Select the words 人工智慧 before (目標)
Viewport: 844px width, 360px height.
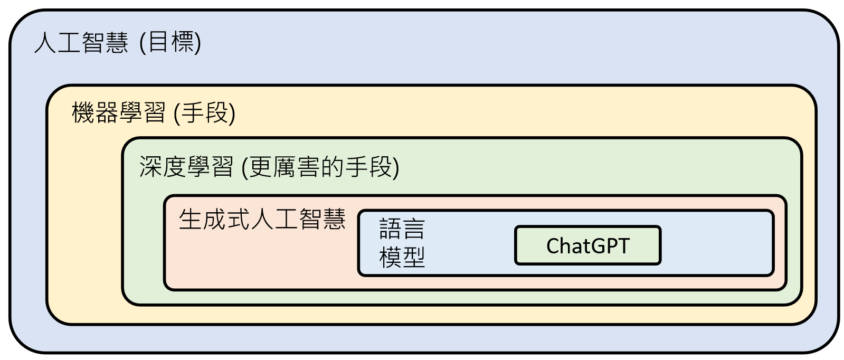(81, 42)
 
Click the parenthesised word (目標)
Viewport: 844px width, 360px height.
(170, 42)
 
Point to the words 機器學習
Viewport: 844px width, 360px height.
(119, 112)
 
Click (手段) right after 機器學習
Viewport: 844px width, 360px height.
(204, 112)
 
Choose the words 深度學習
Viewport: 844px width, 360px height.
(186, 167)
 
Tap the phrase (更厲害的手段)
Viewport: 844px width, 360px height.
(320, 167)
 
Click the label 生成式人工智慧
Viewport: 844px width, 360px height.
(262, 219)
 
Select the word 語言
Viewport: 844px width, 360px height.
(402, 229)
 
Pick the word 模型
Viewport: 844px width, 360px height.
(402, 257)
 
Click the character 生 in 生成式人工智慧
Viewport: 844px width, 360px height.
(190, 219)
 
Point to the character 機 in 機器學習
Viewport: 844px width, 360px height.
(83, 112)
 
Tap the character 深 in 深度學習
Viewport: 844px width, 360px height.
(150, 167)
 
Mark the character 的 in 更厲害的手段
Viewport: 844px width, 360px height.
(333, 167)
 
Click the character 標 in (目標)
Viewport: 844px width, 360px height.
(183, 42)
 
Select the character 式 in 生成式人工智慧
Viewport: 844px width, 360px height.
(238, 219)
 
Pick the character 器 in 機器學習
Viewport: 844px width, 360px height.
(107, 112)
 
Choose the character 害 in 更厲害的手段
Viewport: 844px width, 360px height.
(309, 167)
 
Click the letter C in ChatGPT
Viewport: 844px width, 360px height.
(553, 246)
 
